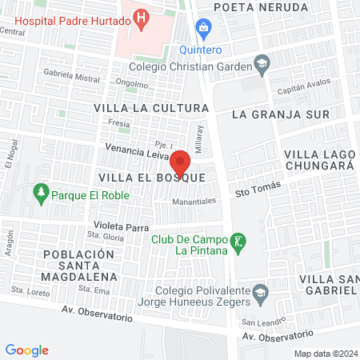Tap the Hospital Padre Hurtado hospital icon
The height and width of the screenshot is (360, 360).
[142, 15]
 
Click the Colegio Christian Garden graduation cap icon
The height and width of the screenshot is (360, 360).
[261, 62]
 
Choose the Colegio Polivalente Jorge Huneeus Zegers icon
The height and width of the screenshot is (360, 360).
[260, 294]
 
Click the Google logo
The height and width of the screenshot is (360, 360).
[26, 350]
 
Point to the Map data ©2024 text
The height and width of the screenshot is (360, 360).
[324, 354]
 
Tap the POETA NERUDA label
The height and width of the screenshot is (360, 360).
[260, 7]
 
